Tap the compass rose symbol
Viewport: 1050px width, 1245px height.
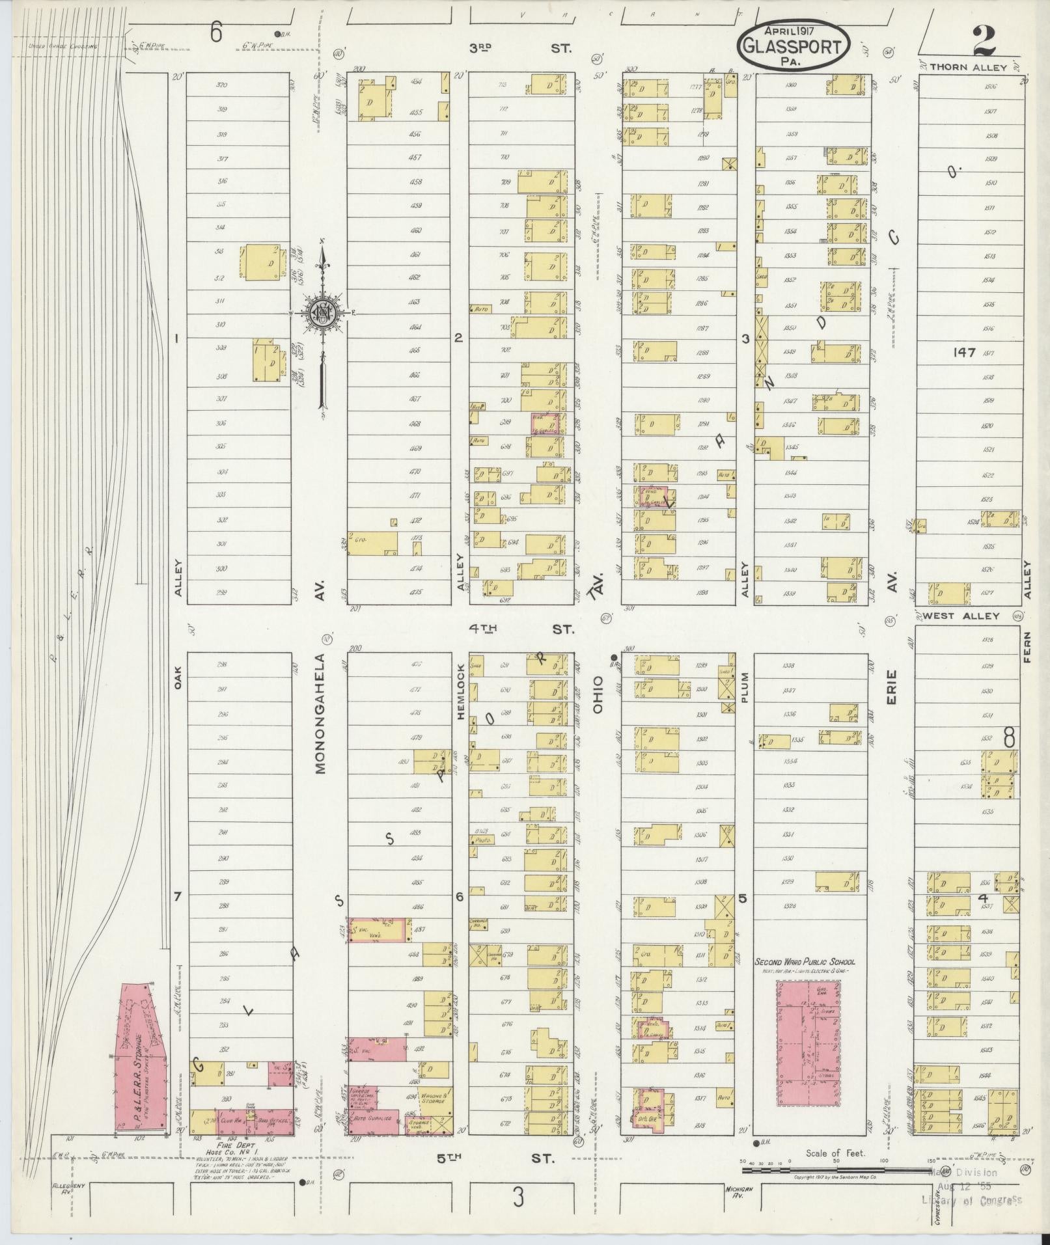click(x=322, y=313)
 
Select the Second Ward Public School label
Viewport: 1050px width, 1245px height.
click(x=805, y=961)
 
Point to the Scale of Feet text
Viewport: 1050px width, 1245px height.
click(x=835, y=1153)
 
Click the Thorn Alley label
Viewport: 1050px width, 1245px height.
click(x=967, y=67)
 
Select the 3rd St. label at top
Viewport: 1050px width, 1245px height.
click(x=520, y=48)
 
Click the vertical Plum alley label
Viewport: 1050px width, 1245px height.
click(x=745, y=688)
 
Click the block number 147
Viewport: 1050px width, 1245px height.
click(x=963, y=352)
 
